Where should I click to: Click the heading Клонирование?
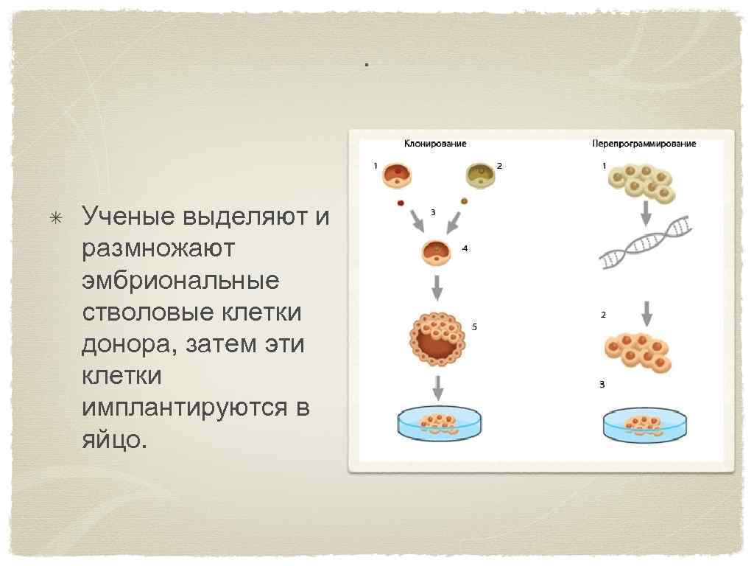point(435,144)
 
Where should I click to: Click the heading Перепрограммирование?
point(644,144)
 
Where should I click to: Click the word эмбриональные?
point(180,281)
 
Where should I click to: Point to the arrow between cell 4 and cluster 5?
point(437,287)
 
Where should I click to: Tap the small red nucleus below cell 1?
point(401,202)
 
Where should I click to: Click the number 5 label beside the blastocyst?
point(475,326)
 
